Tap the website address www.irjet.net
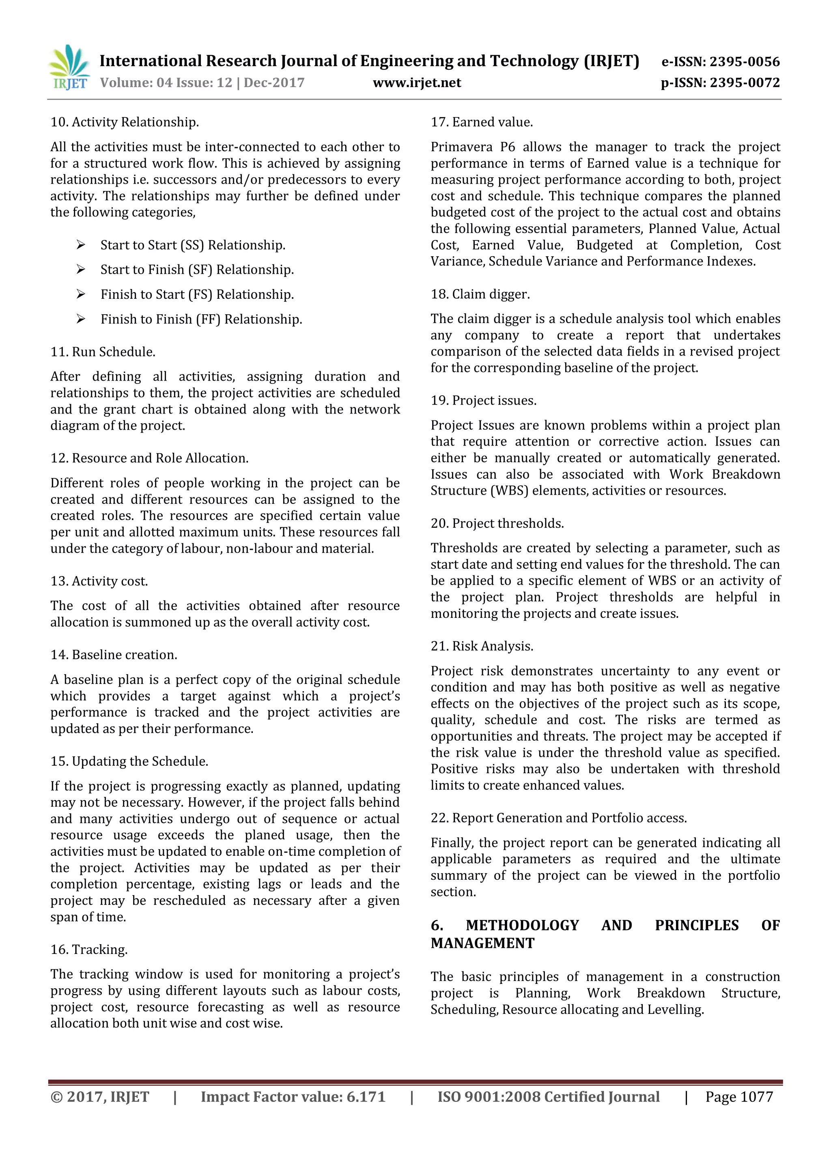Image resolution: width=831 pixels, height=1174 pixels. coord(417,83)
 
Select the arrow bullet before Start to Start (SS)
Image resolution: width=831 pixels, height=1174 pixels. coord(81,245)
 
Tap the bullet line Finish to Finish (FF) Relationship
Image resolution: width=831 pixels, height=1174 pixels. coord(201,319)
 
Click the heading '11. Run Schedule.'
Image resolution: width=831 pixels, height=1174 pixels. coord(103,352)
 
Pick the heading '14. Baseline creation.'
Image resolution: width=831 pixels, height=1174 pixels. coord(114,655)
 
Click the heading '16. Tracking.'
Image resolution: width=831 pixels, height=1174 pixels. coord(89,949)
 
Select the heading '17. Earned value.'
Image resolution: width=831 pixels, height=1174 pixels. coord(482,122)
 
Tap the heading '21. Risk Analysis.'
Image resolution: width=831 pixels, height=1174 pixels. coord(482,646)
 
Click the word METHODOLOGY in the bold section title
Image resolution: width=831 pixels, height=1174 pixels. coord(522,925)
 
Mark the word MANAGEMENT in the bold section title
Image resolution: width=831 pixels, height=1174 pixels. coord(482,943)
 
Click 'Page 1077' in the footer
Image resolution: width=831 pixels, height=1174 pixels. coord(738,1097)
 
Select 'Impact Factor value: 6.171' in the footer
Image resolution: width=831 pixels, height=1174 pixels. coord(293,1097)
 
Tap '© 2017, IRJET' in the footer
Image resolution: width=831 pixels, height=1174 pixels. coord(100,1097)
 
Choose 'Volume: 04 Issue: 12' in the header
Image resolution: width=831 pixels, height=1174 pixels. coord(166,83)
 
